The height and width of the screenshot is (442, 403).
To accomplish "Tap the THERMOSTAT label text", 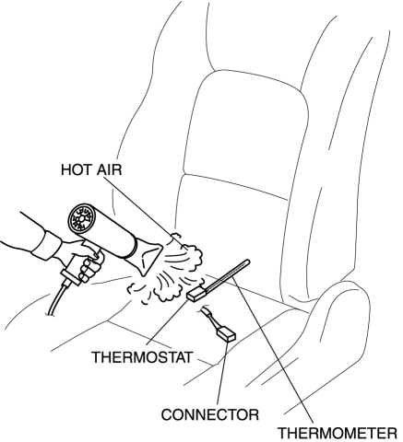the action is pos(142,357).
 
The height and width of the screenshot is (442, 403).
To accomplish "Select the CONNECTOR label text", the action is pos(210,415).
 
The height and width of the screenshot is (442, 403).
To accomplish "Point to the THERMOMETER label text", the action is pos(338,434).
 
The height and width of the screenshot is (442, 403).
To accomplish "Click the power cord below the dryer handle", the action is pos(56,299).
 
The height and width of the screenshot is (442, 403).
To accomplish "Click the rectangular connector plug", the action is pos(226,333).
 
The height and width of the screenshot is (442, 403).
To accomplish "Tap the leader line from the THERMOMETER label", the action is pos(273,349).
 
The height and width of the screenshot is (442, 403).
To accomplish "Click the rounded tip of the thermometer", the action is pos(247,262).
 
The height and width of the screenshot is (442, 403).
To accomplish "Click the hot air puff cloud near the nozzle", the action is pos(187,249).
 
